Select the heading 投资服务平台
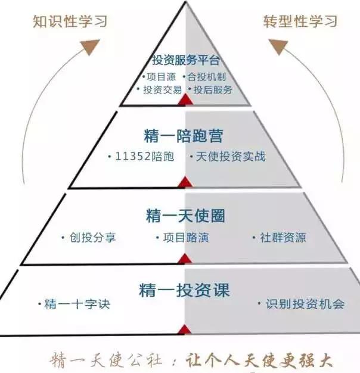tap(186, 61)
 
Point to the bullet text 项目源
tap(161, 77)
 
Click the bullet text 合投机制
tap(206, 77)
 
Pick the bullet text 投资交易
tap(160, 90)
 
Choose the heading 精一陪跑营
tap(184, 135)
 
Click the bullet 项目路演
tap(185, 237)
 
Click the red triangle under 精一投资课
tap(185, 330)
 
